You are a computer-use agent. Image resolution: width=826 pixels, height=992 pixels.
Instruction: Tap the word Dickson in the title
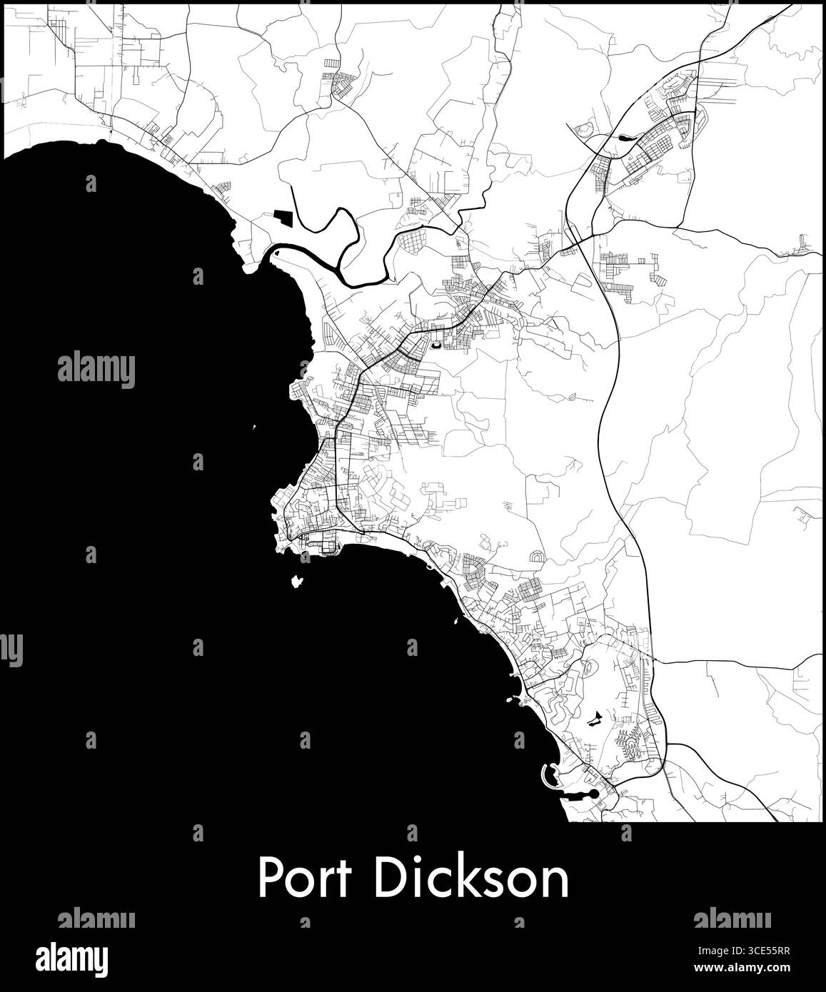coord(471,879)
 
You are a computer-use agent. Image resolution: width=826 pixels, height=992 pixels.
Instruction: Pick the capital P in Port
coord(270,879)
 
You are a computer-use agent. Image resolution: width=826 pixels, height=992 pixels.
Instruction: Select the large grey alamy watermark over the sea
coord(96,369)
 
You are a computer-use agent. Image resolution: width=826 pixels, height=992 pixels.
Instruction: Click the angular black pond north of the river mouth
coord(282,218)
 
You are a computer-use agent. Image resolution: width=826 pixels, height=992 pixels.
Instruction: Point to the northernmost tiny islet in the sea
coord(254,428)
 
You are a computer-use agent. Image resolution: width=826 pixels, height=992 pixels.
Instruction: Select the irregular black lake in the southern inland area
coord(594,719)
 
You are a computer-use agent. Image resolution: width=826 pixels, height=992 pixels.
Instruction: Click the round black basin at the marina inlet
coord(594,794)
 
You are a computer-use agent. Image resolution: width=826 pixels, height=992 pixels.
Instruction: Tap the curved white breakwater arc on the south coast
coord(546,777)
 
